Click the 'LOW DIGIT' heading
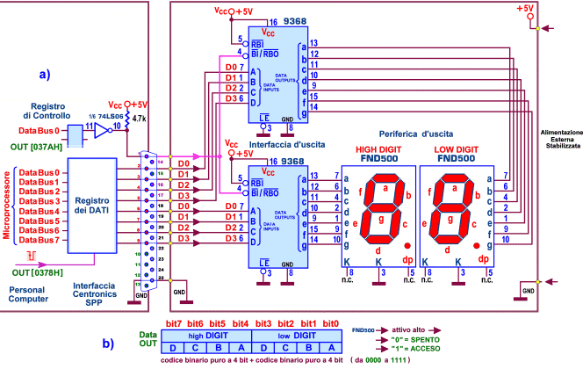(459, 149)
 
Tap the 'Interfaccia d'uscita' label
(261, 132)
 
